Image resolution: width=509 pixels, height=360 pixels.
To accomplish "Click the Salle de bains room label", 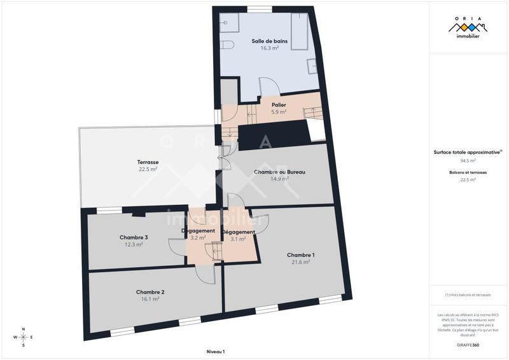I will click(269, 41).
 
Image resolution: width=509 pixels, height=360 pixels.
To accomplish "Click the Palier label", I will click(278, 105).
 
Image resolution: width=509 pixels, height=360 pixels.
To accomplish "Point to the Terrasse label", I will click(148, 162).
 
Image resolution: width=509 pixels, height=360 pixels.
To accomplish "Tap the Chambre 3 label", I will click(134, 237).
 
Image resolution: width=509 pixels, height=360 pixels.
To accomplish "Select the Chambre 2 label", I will click(150, 292).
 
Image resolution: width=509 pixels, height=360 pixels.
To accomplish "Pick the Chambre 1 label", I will click(300, 254).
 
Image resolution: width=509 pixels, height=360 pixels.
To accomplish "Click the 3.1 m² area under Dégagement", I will click(238, 239).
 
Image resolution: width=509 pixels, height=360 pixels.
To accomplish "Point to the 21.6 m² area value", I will click(300, 261).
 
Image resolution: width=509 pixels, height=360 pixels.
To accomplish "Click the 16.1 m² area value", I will click(150, 299).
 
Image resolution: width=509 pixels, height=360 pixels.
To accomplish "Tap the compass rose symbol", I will click(24, 337).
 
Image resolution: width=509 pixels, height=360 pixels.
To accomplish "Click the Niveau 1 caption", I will click(216, 352).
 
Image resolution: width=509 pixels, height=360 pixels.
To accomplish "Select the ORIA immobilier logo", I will click(468, 29).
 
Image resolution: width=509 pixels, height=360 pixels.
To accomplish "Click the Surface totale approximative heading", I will click(468, 152).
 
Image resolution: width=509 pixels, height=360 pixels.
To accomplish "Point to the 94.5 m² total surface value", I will click(468, 160).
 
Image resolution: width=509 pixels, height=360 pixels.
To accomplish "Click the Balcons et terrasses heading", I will click(468, 172).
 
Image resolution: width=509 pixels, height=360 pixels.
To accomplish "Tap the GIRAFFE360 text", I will click(468, 344).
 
